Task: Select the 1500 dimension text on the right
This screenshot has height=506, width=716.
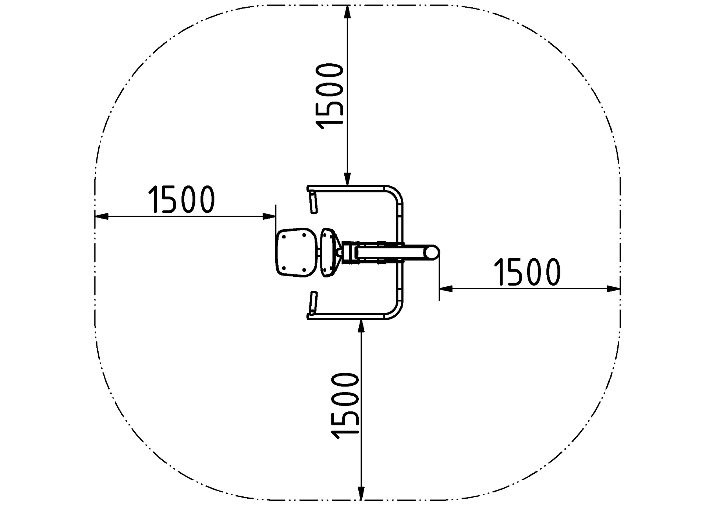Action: (527, 272)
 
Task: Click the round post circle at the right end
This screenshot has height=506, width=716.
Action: (432, 252)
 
